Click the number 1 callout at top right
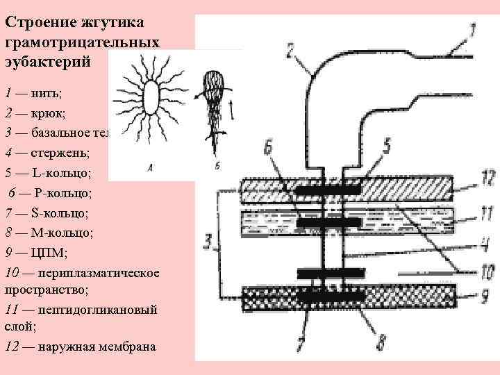click(472, 32)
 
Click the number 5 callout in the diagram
click(386, 144)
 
